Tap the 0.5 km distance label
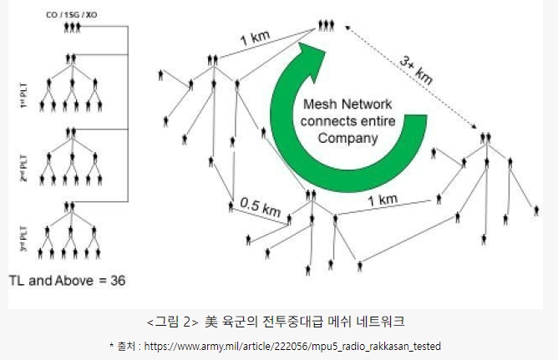[x=259, y=207]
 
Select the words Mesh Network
[x=342, y=105]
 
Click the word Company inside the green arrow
[x=342, y=139]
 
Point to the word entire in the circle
[x=373, y=122]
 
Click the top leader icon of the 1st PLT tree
[x=74, y=58]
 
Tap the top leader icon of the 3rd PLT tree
[x=74, y=203]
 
